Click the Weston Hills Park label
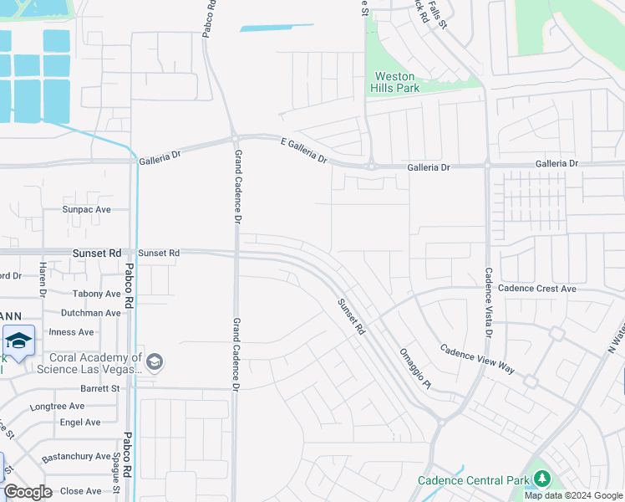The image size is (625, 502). click(395, 81)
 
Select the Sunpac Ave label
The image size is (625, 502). click(86, 209)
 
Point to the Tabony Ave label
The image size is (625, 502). click(96, 294)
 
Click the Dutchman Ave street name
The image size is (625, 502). click(90, 313)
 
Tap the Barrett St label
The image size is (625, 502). click(99, 388)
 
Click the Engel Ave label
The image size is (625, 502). click(80, 423)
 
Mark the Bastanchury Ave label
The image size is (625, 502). click(77, 457)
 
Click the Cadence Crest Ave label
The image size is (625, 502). click(536, 289)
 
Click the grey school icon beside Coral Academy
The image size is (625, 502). click(154, 361)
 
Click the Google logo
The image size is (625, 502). click(28, 492)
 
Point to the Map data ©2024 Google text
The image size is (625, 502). click(574, 495)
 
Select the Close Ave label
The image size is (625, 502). click(81, 491)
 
